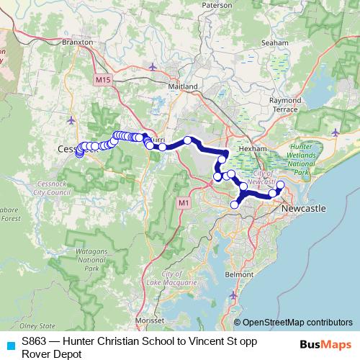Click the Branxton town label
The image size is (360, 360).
pos(78,42)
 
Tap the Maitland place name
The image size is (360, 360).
pos(183,86)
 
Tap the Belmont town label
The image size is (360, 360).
pos(239,274)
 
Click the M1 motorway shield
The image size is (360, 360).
pos(184,203)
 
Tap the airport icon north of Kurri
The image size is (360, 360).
pos(153,67)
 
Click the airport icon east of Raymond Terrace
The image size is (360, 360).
pos(336,131)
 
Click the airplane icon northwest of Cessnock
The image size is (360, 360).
pos(71,119)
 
